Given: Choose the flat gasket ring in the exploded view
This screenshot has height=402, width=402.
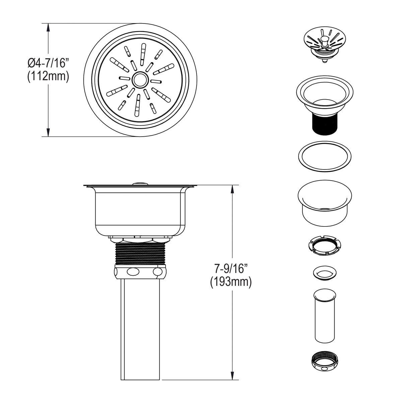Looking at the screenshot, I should pyautogui.click(x=324, y=156).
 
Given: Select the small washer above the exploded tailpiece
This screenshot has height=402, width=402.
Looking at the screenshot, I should pyautogui.click(x=324, y=273).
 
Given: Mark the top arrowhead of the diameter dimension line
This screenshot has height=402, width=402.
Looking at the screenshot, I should pyautogui.click(x=49, y=27).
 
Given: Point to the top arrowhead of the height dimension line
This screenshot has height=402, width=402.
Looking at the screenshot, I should pyautogui.click(x=232, y=189).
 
